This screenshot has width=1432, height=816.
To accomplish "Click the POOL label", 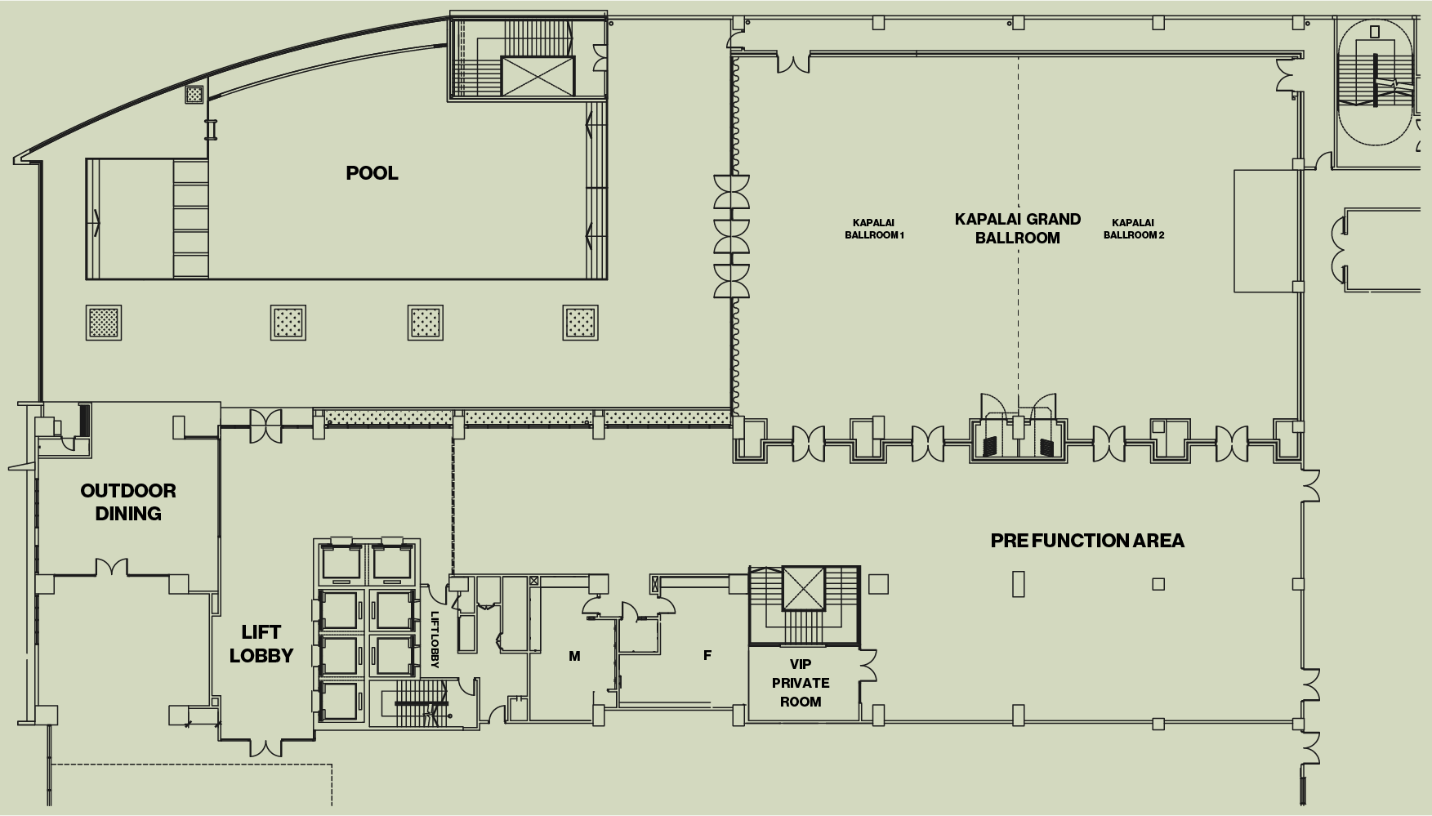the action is tap(372, 173).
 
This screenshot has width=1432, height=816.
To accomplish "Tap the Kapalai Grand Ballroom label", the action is tap(1018, 229).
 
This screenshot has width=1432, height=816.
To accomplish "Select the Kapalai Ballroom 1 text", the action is tap(874, 229).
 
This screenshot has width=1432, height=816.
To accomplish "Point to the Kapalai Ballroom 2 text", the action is tap(1134, 229).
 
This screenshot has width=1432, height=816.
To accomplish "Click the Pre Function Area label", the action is tap(1087, 541).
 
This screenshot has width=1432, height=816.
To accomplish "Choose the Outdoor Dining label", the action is tap(128, 502).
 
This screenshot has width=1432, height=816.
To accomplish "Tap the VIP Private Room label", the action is tap(801, 683).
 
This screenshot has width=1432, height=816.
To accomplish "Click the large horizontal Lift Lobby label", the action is tap(261, 644).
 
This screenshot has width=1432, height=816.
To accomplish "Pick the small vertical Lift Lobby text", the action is tap(435, 640).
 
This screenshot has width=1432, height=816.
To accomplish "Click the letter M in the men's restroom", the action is tap(574, 656).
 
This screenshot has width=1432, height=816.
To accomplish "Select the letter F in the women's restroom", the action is tap(707, 655).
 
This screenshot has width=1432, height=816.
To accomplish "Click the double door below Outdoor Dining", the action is tap(112, 567).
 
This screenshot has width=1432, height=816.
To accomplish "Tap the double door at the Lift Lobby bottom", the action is tap(267, 747).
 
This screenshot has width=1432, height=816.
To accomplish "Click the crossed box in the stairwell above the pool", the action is tap(538, 76).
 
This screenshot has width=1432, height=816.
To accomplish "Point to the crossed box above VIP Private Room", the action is tap(805, 588).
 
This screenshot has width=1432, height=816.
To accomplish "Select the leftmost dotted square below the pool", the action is tap(104, 323).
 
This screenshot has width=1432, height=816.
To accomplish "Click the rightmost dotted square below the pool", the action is tap(580, 323).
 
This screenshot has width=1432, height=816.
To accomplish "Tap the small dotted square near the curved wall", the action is tap(194, 95).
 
